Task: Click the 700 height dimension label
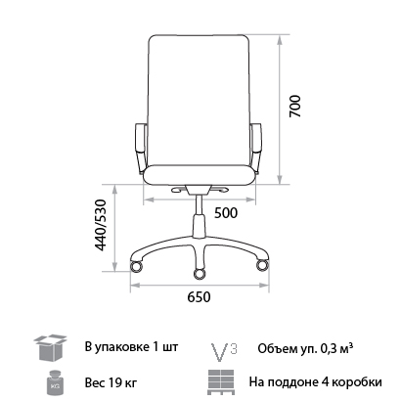tap(295, 106)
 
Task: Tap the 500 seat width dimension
tap(226, 213)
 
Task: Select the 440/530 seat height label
tap(101, 225)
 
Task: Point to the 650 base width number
tap(199, 297)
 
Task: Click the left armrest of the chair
tap(141, 147)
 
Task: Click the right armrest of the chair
tap(256, 147)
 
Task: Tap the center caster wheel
tap(200, 274)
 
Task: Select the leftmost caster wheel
tap(136, 266)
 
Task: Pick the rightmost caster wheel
tap(262, 265)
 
